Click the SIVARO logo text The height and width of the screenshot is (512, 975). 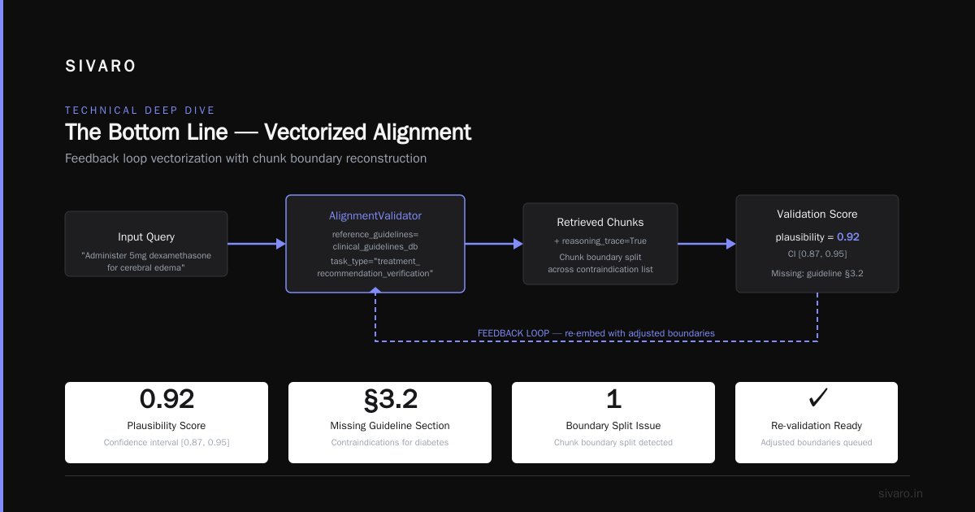point(101,66)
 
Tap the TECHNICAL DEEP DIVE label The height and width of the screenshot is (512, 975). point(140,111)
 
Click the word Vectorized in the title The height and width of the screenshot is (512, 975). point(315,132)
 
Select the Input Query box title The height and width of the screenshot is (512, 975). point(146,236)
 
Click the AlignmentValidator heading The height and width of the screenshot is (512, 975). point(375,215)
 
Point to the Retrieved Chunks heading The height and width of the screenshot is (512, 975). point(600,222)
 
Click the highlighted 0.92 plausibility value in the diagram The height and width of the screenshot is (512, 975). point(848,236)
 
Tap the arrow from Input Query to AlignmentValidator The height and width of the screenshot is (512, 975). point(257,244)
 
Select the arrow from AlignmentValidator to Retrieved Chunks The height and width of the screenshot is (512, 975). point(494,244)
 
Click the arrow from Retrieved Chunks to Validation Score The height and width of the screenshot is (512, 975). point(707,244)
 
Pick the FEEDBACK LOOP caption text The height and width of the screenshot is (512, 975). point(596,333)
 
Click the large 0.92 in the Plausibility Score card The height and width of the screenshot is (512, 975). point(167,399)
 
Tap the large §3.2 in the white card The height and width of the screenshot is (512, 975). point(391,399)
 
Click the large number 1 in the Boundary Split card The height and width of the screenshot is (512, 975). point(613,399)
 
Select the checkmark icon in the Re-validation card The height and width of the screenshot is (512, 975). point(818,398)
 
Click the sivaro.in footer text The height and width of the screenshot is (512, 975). point(900,493)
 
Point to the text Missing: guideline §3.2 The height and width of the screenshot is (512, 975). point(817,273)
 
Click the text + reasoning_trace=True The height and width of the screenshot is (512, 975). point(600,241)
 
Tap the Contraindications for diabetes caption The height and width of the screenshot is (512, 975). point(389,442)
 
